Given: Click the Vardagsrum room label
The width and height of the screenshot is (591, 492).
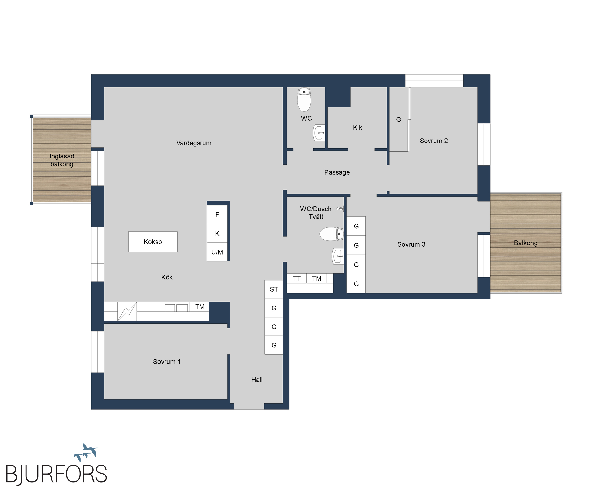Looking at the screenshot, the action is point(194,143).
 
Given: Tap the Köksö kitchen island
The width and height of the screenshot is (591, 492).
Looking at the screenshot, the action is point(153,242).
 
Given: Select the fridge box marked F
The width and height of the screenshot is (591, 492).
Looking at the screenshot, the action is point(217,214).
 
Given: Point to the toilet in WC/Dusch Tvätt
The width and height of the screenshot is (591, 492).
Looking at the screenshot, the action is point(331,234).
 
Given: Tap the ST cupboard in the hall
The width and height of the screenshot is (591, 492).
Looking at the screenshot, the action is point(274,289).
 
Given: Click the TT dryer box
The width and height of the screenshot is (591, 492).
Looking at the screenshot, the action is point(297,278).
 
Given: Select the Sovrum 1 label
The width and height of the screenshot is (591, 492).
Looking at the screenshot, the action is point(167,362).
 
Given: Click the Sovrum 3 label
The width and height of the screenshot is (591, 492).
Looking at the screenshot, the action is point(411,244).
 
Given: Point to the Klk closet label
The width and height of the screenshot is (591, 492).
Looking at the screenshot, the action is point(357,127).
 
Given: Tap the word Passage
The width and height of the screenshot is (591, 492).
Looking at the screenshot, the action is point(337,172).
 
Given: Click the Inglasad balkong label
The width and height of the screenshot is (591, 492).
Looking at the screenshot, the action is point(62,160).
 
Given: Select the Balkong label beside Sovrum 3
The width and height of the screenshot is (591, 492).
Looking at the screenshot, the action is point(526,243).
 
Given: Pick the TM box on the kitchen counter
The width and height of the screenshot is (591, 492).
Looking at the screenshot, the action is point(200,307).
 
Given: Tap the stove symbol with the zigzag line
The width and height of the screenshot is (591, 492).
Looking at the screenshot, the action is point(127,312).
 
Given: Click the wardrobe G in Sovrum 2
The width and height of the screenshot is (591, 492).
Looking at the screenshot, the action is point(399,120).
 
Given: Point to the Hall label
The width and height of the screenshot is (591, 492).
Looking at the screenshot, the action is point(257,380).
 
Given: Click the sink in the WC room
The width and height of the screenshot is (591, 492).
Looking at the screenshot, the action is point(319,133).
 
